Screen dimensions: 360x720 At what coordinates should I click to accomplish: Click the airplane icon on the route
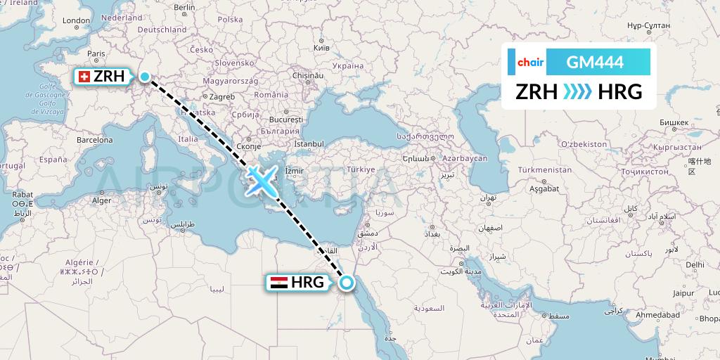pos(261,180)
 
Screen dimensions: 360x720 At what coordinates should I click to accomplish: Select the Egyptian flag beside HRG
pos(278,283)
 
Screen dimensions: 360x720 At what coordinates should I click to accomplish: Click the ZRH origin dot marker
pos(145,77)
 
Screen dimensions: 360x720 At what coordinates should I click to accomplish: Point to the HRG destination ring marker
pos(346,283)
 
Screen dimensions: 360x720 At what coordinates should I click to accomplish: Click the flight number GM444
pos(594,62)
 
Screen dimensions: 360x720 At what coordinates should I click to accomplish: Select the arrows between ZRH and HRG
pos(578,91)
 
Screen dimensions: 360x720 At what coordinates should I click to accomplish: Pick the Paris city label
pos(96,53)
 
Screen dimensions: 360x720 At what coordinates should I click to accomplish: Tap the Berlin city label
pos(184,8)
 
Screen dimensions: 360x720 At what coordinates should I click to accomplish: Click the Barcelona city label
pos(95,140)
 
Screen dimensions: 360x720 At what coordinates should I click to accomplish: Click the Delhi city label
pos(695,265)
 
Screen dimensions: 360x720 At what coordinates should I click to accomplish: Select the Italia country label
pos(188,139)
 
